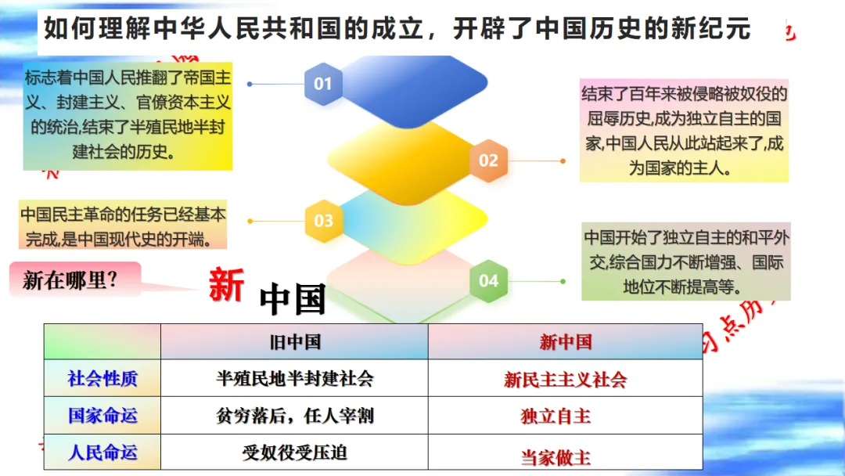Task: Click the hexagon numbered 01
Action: point(323,84)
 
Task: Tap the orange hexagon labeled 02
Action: point(488,160)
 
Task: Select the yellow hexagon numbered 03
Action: point(323,221)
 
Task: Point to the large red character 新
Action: point(226,284)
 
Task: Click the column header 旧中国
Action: point(294,342)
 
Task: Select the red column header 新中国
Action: point(565,342)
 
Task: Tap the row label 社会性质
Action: point(102,379)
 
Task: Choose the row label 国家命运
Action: point(102,416)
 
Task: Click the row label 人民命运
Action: point(102,453)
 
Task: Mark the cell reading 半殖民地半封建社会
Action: point(294,379)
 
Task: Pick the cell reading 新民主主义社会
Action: point(565,380)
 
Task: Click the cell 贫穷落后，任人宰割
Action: point(294,416)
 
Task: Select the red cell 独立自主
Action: point(556,416)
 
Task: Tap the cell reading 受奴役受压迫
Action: point(294,453)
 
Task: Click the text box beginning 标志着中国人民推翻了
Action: point(128,115)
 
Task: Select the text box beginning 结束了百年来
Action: point(683,131)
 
